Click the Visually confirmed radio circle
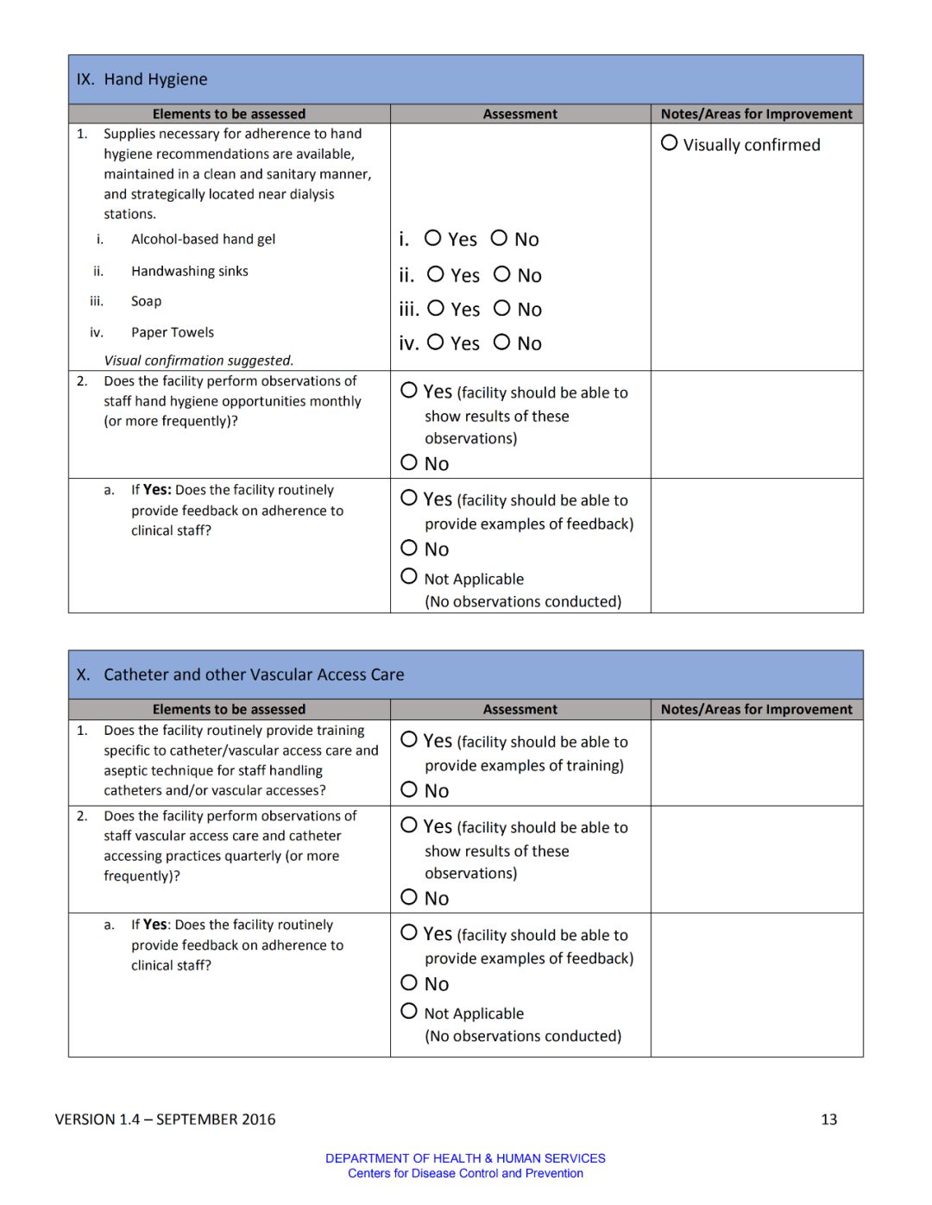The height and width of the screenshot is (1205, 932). pyautogui.click(x=669, y=143)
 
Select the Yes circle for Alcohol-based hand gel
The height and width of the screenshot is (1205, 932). pyautogui.click(x=433, y=238)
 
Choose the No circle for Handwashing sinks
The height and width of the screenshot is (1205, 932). pyautogui.click(x=502, y=274)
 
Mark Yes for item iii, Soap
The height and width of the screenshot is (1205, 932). pyautogui.click(x=436, y=308)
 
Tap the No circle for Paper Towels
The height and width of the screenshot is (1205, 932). pyautogui.click(x=501, y=342)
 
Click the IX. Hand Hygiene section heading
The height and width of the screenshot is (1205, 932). pyautogui.click(x=142, y=79)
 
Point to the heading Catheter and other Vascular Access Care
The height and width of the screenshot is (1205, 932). pyautogui.click(x=254, y=675)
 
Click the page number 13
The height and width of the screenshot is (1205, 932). pyautogui.click(x=828, y=1120)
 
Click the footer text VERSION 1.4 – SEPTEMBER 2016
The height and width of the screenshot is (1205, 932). pyautogui.click(x=165, y=1120)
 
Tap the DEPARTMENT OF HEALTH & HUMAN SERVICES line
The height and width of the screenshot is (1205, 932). pyautogui.click(x=465, y=1158)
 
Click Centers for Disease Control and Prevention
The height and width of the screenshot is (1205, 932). pyautogui.click(x=465, y=1173)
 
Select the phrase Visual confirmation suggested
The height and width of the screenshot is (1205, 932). pyautogui.click(x=198, y=361)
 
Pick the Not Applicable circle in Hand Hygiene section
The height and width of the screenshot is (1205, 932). pyautogui.click(x=409, y=576)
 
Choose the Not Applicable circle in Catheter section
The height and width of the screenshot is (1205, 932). pyautogui.click(x=409, y=1011)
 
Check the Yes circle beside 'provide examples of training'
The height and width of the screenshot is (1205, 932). pyautogui.click(x=409, y=739)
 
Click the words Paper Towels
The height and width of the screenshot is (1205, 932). pyautogui.click(x=173, y=333)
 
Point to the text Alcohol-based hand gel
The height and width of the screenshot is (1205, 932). pyautogui.click(x=203, y=240)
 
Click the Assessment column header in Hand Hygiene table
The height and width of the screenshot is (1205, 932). pyautogui.click(x=520, y=114)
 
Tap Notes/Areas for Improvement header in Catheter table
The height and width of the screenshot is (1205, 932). pyautogui.click(x=756, y=709)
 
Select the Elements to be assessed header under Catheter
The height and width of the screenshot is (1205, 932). pyautogui.click(x=229, y=709)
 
